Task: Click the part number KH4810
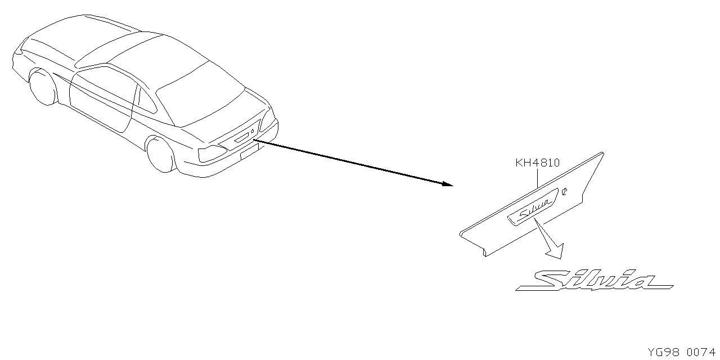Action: point(537,163)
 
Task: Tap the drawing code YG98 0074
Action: point(681,352)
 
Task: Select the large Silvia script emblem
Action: point(595,280)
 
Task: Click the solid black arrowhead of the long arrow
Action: point(447,184)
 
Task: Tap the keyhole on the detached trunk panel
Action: point(564,192)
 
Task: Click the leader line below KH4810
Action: point(537,178)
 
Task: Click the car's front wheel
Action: point(43,87)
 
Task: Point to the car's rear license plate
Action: point(249,151)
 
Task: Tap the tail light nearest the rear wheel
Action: point(212,154)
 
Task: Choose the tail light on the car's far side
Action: point(268,120)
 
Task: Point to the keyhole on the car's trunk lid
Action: point(253,131)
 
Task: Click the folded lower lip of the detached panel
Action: point(472,244)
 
